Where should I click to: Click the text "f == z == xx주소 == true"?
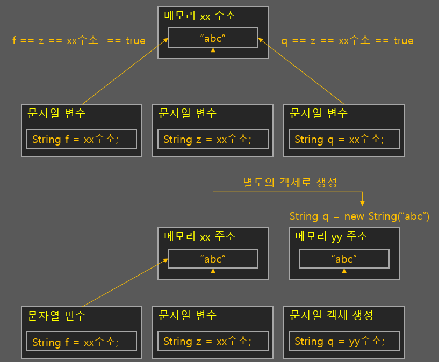point(79,41)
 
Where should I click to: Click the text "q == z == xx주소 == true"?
point(347,41)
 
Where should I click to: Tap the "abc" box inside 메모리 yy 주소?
point(344,259)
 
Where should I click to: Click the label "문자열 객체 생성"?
point(332,315)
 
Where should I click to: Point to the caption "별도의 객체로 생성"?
point(290,183)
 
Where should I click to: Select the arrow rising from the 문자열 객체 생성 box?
point(344,287)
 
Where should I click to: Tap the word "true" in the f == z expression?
point(135,41)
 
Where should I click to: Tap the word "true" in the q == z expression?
point(403,41)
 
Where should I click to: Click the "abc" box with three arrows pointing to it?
point(213,38)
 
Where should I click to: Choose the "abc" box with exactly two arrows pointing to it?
point(213,259)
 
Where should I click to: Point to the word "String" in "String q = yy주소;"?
point(308,341)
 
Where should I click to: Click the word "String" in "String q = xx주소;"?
point(308,139)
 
